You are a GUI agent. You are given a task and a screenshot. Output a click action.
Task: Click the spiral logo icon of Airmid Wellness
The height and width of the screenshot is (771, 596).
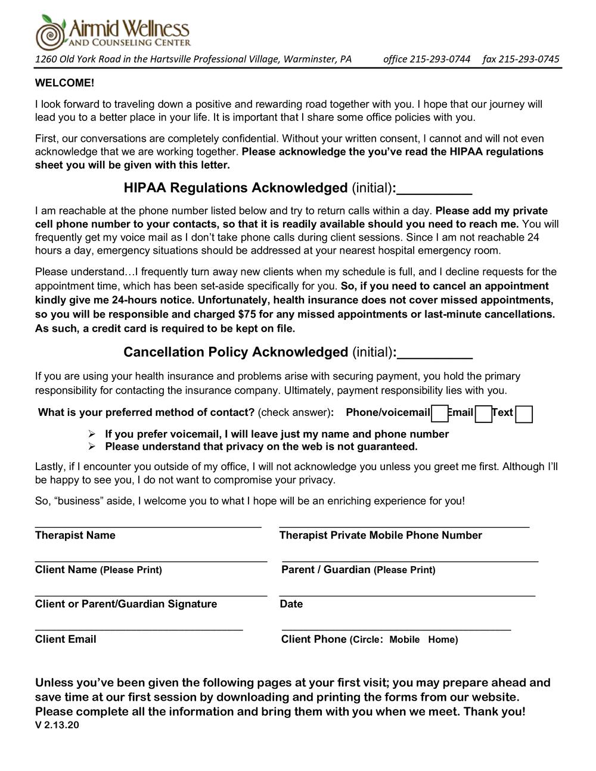(x=50, y=33)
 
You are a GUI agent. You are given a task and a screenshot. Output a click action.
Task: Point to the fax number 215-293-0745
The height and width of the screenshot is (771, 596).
(x=529, y=59)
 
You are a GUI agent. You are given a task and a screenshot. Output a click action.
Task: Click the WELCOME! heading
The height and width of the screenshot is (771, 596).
(x=64, y=83)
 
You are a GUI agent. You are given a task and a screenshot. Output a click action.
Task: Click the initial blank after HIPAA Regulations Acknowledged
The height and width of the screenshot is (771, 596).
(x=434, y=189)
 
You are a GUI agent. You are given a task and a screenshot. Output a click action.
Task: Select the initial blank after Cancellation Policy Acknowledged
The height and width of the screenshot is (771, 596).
(x=434, y=354)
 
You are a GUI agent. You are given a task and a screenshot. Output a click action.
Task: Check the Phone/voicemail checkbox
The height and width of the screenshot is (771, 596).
(x=440, y=414)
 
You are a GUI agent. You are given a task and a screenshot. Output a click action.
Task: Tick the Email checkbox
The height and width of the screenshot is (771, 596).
(x=484, y=414)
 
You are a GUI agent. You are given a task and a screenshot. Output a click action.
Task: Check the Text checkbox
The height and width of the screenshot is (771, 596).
(x=524, y=414)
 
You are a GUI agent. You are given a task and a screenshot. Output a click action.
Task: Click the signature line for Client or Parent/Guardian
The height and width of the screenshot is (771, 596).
(x=151, y=595)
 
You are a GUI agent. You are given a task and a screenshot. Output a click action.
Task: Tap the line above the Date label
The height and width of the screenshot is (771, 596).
(x=407, y=595)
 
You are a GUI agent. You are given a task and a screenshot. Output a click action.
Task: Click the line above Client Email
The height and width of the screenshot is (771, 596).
(x=139, y=629)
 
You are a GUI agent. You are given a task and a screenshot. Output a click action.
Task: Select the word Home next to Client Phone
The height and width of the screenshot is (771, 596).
(x=442, y=640)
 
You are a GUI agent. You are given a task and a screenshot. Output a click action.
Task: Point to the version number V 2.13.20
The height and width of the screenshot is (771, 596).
(x=57, y=725)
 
